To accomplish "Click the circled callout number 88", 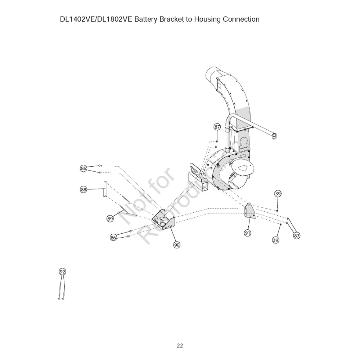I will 84,189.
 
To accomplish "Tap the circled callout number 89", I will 110,218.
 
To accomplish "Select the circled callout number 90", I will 177,244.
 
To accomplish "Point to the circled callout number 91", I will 247,233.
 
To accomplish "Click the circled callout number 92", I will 63,271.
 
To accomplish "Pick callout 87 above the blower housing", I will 217,127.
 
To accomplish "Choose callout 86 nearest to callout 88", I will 84,168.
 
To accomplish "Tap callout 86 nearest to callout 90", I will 114,237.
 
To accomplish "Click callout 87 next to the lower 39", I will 297,235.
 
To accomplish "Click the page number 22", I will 180,346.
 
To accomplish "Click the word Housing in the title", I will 207,19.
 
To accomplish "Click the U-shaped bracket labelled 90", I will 164,221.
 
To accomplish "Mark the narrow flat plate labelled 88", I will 105,189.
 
